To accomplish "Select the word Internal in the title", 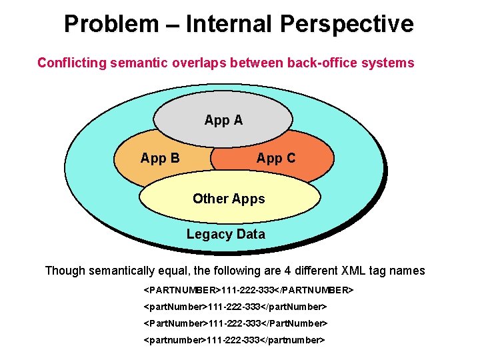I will [230, 25].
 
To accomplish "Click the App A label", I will [223, 120].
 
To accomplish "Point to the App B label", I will [159, 158].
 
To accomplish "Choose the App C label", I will [275, 158].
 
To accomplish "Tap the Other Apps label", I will [229, 199].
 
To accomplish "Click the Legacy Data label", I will [225, 234].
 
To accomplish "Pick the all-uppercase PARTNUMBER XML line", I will [248, 291].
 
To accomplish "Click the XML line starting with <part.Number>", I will [235, 307].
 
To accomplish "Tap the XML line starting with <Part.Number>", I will [235, 323].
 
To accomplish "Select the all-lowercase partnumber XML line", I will [234, 340].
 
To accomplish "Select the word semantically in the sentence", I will [124, 271].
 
